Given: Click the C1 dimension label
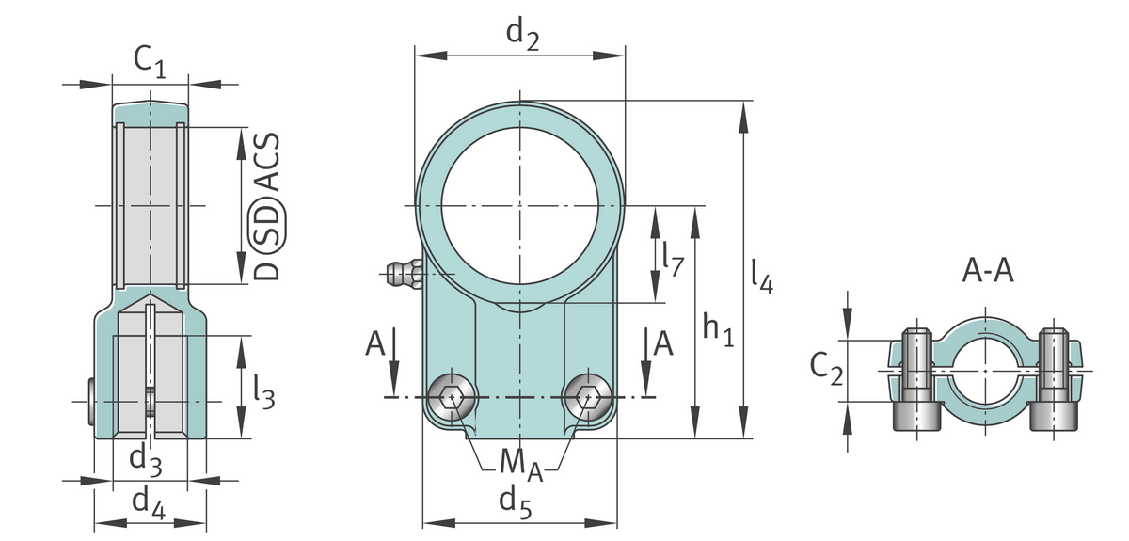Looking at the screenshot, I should (x=150, y=62).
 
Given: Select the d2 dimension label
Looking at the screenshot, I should (x=522, y=33).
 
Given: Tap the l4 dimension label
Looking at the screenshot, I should (x=762, y=273).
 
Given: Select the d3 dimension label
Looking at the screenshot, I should (x=146, y=460).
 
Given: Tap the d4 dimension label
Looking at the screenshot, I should (x=149, y=505).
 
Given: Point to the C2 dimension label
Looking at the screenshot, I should (x=826, y=370).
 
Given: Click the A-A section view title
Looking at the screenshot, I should (x=988, y=272).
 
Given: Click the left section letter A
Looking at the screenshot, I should (x=376, y=345).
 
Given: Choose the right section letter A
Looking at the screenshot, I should (x=663, y=345).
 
